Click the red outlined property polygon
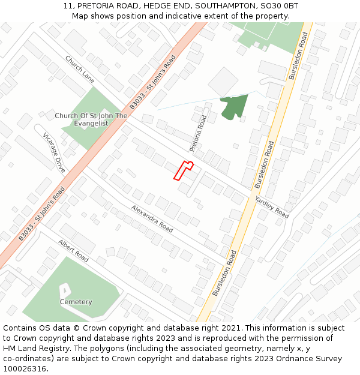182,170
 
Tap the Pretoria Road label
198,133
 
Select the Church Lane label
80,70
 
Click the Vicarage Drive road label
54,153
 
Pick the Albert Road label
73,251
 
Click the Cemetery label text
76,302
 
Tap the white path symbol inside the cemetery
64,291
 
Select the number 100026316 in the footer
24,369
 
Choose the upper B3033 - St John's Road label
153,82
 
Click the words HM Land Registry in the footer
31,349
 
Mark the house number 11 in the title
68,6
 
